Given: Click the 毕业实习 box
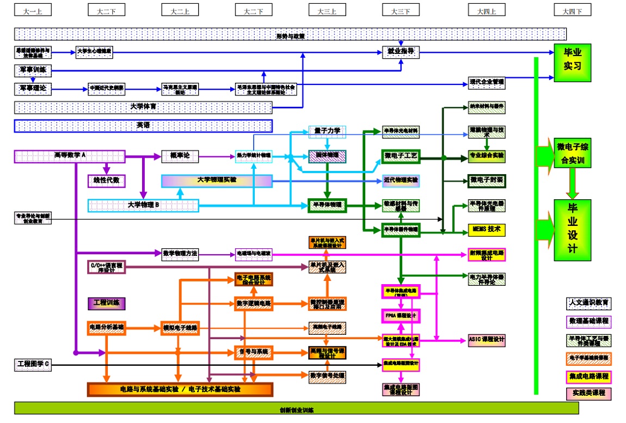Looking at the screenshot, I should click(x=572, y=59).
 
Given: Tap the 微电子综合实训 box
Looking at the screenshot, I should click(x=572, y=153).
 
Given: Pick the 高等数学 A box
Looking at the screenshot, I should click(x=70, y=156).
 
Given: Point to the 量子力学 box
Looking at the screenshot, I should click(x=327, y=131).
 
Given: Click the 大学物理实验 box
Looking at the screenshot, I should click(x=217, y=181).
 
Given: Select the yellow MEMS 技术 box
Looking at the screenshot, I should click(x=487, y=229).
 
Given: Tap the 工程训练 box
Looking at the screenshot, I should click(x=107, y=303).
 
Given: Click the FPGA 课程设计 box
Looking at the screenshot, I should click(x=400, y=315).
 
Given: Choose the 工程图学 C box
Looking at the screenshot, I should click(x=33, y=364).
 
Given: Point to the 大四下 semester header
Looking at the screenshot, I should click(x=572, y=10).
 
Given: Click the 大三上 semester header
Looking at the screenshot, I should click(x=327, y=10).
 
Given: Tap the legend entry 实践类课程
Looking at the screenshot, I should click(x=588, y=393).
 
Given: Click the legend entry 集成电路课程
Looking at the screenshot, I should click(x=588, y=376).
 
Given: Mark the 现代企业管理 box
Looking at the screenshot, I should click(x=487, y=83).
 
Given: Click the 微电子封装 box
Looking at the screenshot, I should click(x=487, y=180).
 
